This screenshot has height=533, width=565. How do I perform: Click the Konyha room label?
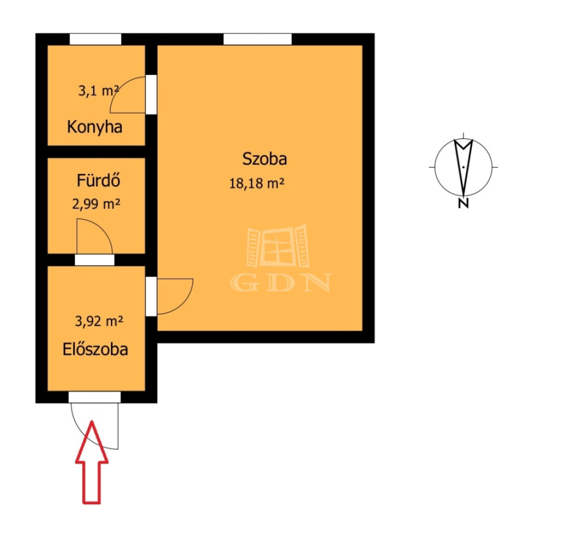(x=95, y=127)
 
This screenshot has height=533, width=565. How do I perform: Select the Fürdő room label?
(x=98, y=180)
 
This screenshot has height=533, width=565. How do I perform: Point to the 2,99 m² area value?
(x=96, y=204)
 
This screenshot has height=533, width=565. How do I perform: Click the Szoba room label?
(x=264, y=158)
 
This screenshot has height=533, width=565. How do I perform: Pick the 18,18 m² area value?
(x=257, y=183)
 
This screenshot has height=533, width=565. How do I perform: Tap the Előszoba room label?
(x=95, y=349)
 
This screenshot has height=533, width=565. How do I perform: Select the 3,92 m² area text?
(x=99, y=321)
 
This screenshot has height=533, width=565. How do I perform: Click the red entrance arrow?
(x=92, y=462)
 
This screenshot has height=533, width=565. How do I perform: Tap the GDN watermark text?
(x=281, y=283)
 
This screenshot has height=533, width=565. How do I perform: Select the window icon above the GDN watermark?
(x=278, y=247)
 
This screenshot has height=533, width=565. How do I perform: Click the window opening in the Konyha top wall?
(x=95, y=39)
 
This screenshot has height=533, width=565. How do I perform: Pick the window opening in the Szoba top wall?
(x=258, y=39)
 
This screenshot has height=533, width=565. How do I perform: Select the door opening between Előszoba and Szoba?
(x=151, y=296)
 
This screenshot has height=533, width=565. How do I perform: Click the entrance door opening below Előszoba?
(x=94, y=397)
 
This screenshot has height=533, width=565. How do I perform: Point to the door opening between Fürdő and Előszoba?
(x=95, y=260)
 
